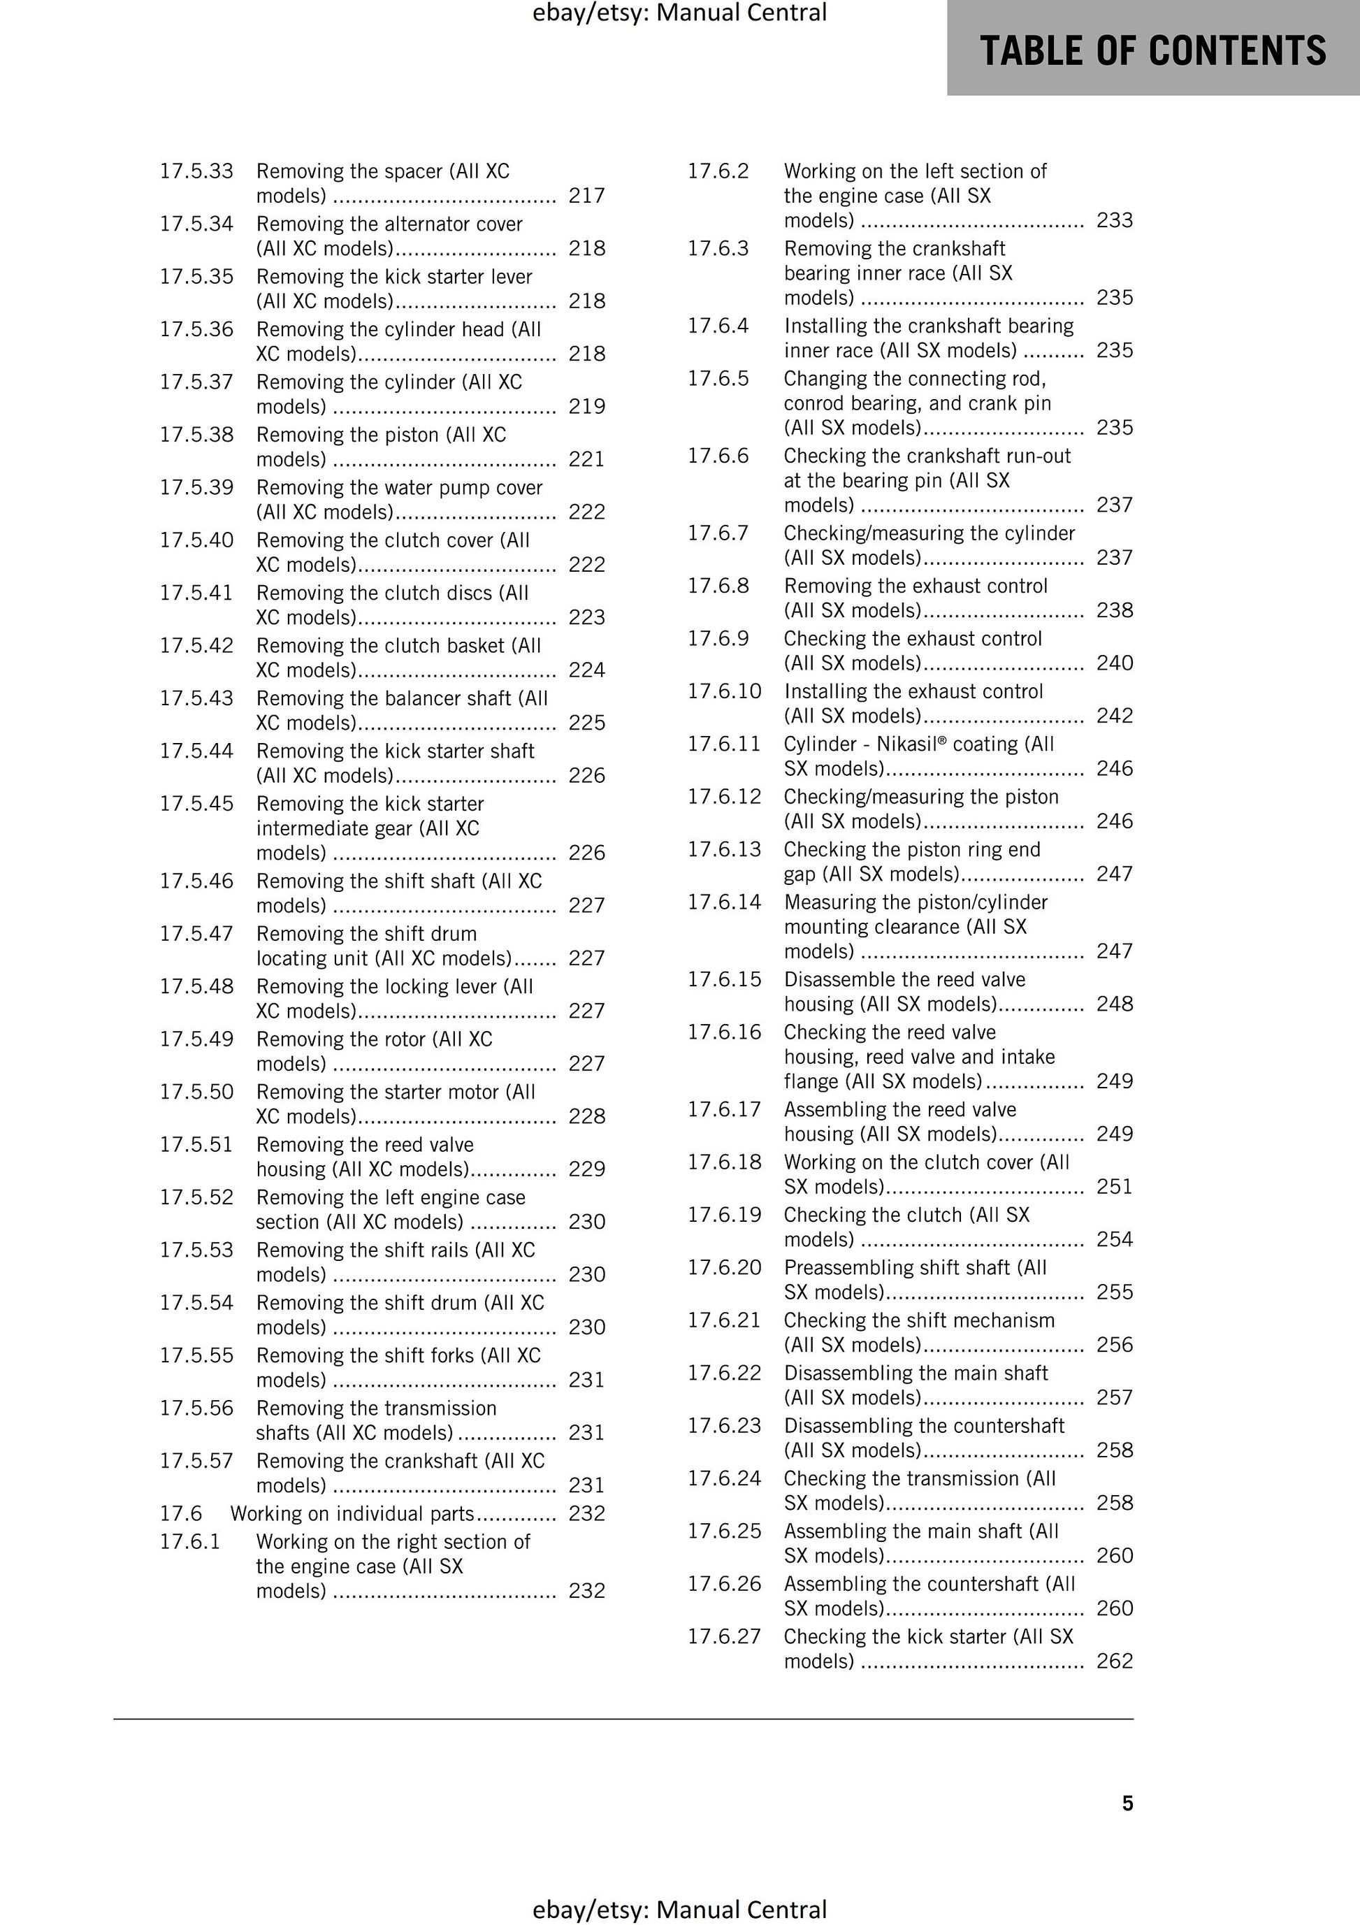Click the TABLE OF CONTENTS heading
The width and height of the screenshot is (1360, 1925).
pos(1153,50)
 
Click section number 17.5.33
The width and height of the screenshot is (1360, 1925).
pos(196,171)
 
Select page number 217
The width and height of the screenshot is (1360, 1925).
pos(586,195)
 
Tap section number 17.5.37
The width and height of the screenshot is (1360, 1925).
pos(196,382)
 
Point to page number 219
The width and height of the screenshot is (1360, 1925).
pos(586,406)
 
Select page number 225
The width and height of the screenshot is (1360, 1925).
pos(586,723)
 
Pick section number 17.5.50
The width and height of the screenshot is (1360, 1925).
pos(196,1092)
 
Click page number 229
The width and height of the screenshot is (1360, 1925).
pos(586,1169)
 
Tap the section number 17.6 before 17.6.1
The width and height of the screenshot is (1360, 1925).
pos(181,1513)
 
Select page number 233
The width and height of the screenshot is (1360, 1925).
pos(1114,219)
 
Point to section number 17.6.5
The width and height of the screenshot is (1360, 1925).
pos(718,378)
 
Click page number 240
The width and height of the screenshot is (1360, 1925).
pos(1114,663)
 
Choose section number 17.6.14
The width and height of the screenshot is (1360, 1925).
pos(725,902)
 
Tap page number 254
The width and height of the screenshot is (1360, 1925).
pos(1114,1239)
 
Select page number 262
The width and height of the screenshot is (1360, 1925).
pos(1114,1661)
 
